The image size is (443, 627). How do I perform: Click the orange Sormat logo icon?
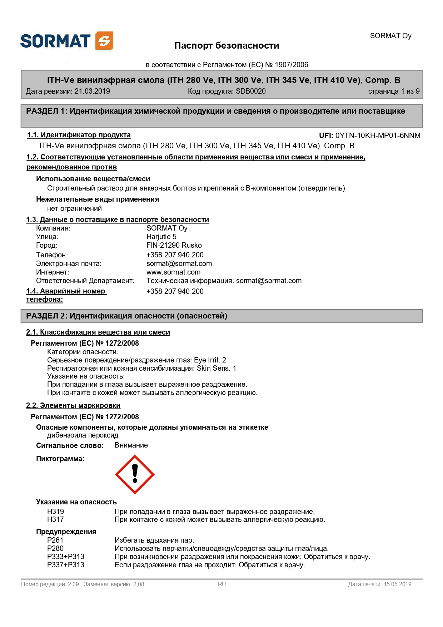click(104, 41)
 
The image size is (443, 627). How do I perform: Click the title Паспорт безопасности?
click(227, 46)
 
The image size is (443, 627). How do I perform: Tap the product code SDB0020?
click(250, 91)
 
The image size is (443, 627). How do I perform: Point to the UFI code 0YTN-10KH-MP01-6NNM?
click(378, 135)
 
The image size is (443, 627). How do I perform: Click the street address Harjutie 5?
click(161, 237)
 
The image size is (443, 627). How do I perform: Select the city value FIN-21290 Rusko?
click(174, 245)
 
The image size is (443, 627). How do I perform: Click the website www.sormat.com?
click(173, 272)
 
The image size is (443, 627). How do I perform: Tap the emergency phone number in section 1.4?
click(175, 291)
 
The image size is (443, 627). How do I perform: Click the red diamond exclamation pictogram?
click(135, 474)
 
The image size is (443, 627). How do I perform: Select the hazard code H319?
click(55, 512)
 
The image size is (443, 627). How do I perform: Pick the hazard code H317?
click(55, 519)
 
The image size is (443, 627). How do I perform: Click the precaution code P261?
click(55, 540)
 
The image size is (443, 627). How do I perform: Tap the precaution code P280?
click(55, 548)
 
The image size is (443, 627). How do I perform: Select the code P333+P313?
click(66, 557)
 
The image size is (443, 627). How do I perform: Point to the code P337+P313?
click(66, 565)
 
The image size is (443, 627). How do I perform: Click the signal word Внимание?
click(131, 445)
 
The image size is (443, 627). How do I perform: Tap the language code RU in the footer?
click(222, 584)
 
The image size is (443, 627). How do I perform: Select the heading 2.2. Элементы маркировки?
click(73, 405)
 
